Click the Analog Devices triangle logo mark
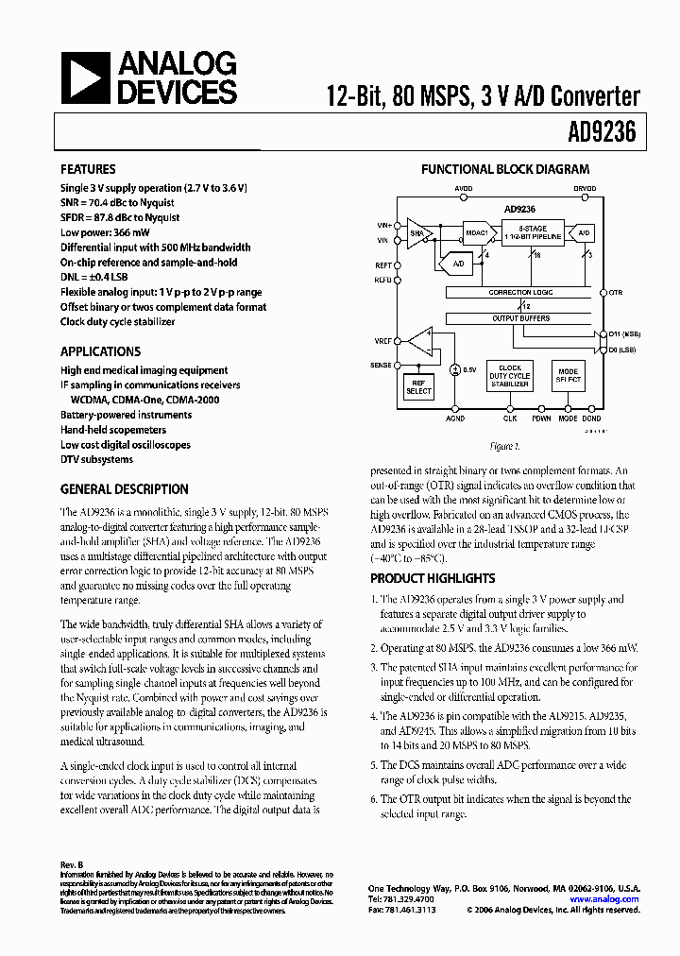[85, 77]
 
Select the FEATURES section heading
[88, 169]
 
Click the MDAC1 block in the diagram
[477, 231]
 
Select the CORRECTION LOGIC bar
[520, 293]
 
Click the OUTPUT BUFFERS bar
[520, 318]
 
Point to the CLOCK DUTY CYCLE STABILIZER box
[510, 375]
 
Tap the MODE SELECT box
[568, 375]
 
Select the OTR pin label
[616, 293]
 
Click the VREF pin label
[383, 339]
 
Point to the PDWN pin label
[541, 417]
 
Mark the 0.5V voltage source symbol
[454, 369]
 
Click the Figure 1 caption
[505, 446]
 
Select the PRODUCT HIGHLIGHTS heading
[432, 578]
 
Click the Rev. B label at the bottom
[73, 865]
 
